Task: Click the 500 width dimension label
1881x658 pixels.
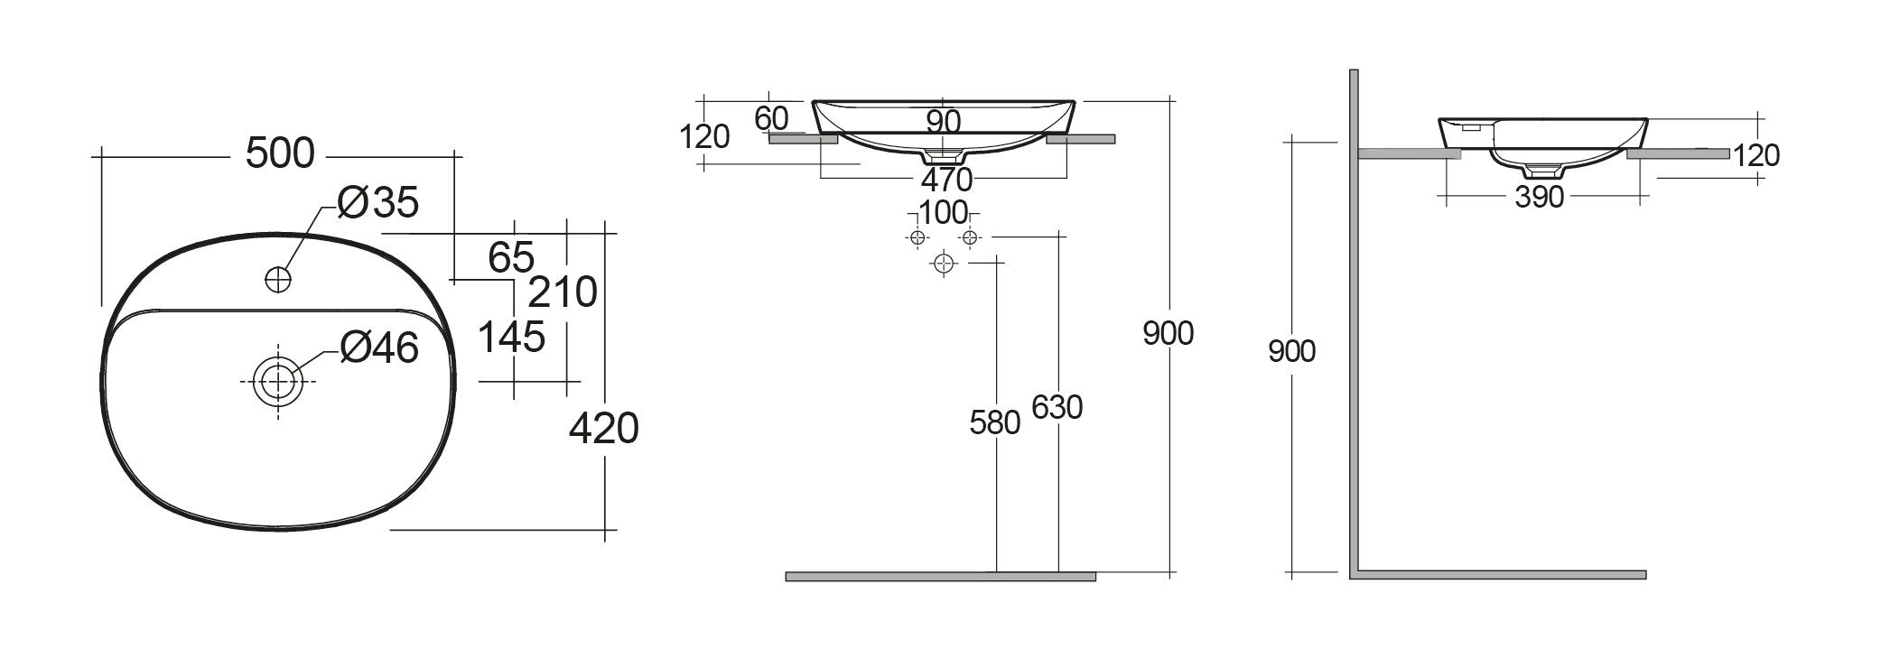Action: coord(280,154)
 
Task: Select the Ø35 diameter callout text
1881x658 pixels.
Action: coord(378,204)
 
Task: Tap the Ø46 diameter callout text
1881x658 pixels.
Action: coord(379,348)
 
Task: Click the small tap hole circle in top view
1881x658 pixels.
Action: coord(278,279)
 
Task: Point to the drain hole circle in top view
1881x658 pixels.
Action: coord(277,381)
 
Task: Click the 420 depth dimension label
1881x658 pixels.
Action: coord(603,428)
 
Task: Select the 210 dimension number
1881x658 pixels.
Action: coord(563,292)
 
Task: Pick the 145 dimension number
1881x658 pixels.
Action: coord(511,338)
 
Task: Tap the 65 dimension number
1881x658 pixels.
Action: coord(511,258)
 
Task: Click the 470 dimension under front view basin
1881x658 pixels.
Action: coord(945,180)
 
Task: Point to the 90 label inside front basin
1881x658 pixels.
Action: coord(943,121)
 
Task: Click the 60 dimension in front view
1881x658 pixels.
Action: coord(771,118)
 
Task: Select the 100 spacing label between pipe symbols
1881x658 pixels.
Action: coord(943,214)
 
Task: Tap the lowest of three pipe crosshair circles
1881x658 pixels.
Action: coord(944,264)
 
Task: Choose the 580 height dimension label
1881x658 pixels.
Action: coord(994,422)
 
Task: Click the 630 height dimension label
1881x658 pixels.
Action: coord(1057,408)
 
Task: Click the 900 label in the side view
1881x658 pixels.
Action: coord(1291,351)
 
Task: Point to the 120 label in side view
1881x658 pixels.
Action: coord(1756,156)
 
